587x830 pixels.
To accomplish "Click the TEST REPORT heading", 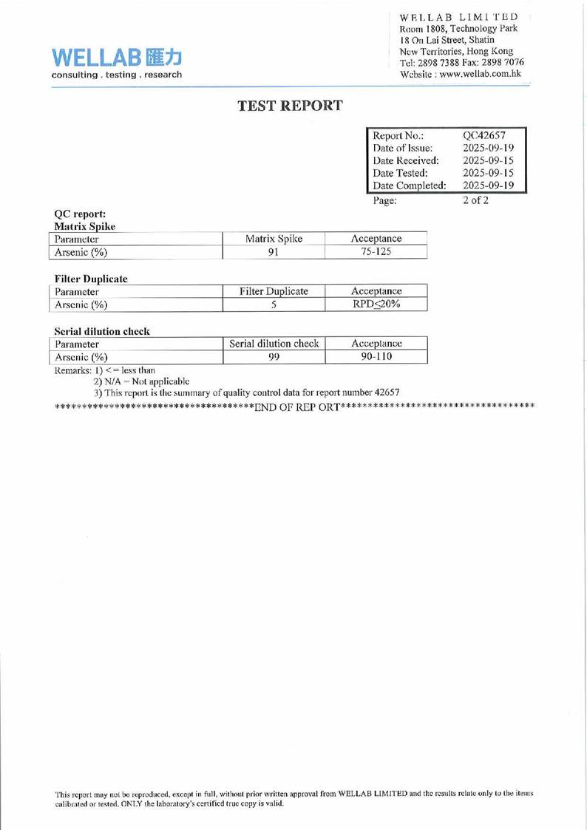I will pos(291,106).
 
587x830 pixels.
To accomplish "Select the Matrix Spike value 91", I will pos(274,252).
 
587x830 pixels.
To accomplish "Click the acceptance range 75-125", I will pos(376,252).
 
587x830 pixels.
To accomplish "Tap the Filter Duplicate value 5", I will pos(274,305).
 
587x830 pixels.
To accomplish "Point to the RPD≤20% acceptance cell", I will pos(376,305).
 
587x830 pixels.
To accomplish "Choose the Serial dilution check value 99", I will pos(274,357).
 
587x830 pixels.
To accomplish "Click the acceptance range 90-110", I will pos(376,357).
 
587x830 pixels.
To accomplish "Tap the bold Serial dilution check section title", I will pos(103,331).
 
